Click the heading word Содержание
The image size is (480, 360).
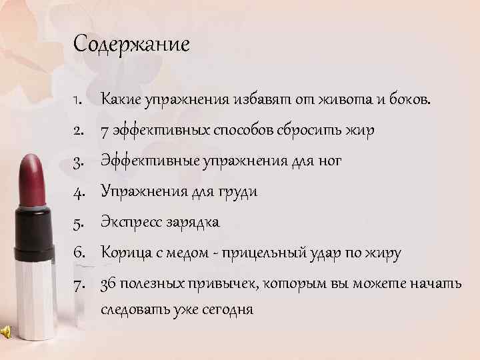[132, 45]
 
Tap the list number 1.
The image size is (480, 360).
[77, 100]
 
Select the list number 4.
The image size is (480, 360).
[78, 191]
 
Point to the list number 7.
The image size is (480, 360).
[78, 284]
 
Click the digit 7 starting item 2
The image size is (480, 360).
[105, 131]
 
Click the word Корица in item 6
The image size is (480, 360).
[122, 253]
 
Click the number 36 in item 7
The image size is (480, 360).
[108, 284]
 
